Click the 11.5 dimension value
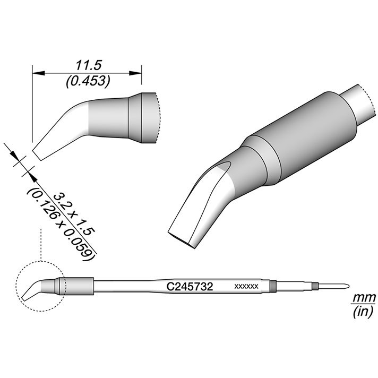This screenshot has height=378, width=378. click(89, 66)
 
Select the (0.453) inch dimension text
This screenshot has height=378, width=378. click(88, 81)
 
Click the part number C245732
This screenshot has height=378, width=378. click(190, 287)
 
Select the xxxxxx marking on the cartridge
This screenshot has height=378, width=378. click(246, 287)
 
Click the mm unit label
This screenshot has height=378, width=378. click(364, 298)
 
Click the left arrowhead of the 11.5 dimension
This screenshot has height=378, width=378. click(39, 73)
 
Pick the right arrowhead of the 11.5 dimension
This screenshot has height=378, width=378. click(135, 73)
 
